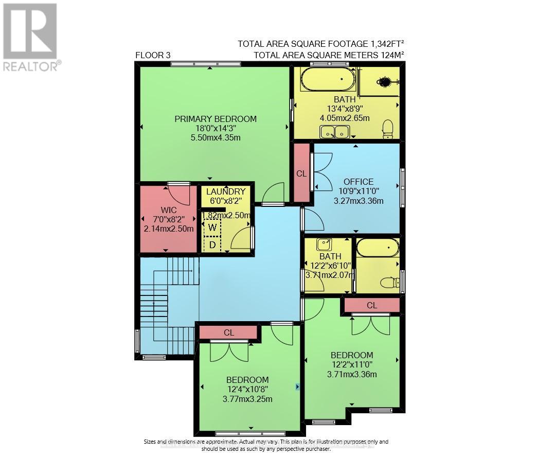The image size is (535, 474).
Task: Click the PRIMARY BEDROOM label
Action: [x=215, y=119]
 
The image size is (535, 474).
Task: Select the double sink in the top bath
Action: [x=334, y=132]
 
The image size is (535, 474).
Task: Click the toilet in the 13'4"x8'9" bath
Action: [x=388, y=129]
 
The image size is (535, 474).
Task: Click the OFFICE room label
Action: [x=359, y=182]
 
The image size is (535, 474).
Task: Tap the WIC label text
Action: [x=169, y=209]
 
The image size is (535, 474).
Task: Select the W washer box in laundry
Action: [x=212, y=226]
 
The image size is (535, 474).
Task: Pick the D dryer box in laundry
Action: [x=212, y=245]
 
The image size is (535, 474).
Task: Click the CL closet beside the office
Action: [x=301, y=173]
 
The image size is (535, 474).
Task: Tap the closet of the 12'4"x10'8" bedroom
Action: [x=228, y=333]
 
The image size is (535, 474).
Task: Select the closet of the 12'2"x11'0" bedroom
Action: [x=371, y=305]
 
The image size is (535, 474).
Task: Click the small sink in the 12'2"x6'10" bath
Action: [x=324, y=244]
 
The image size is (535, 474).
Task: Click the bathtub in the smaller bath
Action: [x=377, y=248]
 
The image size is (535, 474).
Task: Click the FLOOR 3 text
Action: [x=153, y=55]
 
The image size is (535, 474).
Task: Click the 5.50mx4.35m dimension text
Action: [x=215, y=137]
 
